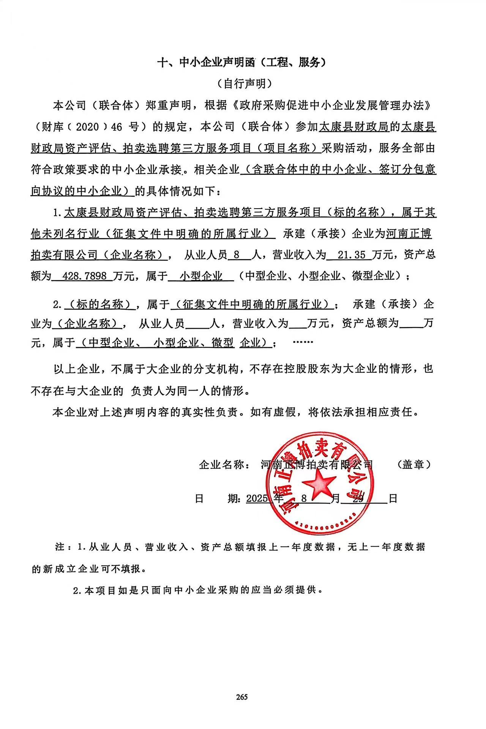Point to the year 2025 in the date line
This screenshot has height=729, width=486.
[x=257, y=498]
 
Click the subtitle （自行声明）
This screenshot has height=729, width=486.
[x=243, y=84]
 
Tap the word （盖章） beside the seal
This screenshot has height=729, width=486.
[x=413, y=464]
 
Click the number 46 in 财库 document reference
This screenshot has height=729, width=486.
[x=117, y=127]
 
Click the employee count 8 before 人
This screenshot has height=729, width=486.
[x=237, y=255]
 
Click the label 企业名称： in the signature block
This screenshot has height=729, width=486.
[x=224, y=464]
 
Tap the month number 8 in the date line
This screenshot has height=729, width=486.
[x=304, y=498]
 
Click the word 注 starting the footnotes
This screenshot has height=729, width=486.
[x=60, y=547]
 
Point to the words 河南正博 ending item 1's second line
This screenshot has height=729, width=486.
[x=409, y=233]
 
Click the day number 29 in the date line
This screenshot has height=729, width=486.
[x=358, y=498]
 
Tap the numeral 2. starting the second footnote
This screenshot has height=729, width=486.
[x=78, y=591]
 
